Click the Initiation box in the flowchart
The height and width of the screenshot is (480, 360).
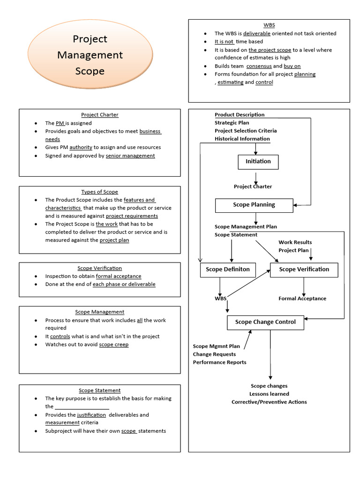coord(258,162)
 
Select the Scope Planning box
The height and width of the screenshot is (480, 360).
coord(254,205)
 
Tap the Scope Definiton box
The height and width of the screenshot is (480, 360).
coord(228,270)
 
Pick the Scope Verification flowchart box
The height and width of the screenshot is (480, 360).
coord(304,270)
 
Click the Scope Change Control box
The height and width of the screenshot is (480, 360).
coord(265,322)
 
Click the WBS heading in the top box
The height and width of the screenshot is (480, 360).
coord(269,25)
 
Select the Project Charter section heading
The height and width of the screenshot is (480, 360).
coord(99,115)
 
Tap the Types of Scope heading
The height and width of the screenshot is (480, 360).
coord(99,192)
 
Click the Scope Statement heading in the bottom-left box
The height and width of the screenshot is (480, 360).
coord(99,390)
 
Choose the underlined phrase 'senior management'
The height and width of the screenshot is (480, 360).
coord(130,156)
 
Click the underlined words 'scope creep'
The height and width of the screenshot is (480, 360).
coord(114,345)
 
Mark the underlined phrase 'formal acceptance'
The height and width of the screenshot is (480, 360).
coord(119,276)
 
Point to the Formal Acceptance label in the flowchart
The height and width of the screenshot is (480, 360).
coord(302,299)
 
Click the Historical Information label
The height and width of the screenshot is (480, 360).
coord(242,139)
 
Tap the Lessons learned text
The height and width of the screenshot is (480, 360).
coord(269,394)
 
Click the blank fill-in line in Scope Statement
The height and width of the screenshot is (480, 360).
coord(82,407)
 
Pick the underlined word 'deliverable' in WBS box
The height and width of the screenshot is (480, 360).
coord(257,34)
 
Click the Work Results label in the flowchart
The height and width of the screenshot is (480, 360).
coord(295,242)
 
